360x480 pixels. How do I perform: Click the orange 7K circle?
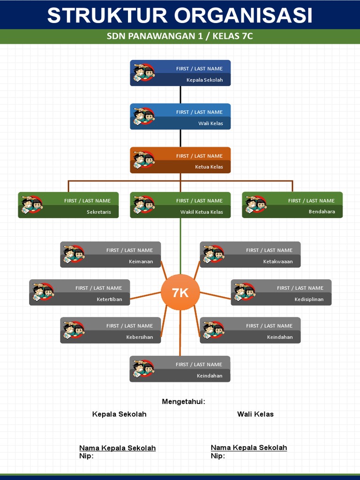click(x=180, y=292)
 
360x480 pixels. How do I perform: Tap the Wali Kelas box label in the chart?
click(x=210, y=124)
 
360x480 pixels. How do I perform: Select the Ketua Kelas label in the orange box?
click(x=209, y=167)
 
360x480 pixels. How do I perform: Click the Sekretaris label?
click(x=99, y=212)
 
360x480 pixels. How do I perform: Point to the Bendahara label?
click(x=322, y=212)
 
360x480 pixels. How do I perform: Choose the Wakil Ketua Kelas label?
click(x=202, y=212)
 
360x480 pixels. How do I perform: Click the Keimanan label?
click(x=141, y=262)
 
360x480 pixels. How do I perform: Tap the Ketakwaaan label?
click(x=278, y=262)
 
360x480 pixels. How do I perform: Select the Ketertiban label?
click(x=109, y=300)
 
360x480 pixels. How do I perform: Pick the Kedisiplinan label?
click(x=309, y=300)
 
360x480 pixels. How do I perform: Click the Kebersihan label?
click(x=139, y=337)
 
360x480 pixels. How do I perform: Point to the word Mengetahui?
click(x=183, y=402)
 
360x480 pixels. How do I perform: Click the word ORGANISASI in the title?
click(x=245, y=15)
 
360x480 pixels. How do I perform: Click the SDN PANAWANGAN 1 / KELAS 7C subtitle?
click(x=180, y=36)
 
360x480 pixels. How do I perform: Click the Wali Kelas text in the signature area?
click(x=255, y=414)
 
